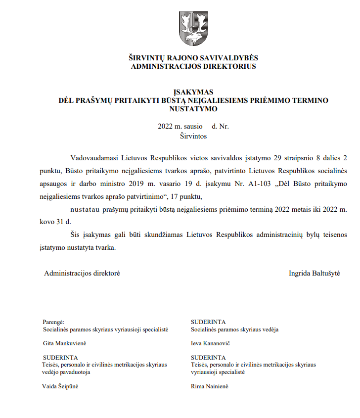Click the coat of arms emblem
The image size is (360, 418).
tap(193, 29)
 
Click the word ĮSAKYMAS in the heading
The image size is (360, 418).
tap(193, 92)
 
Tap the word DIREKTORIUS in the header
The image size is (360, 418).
tap(231, 66)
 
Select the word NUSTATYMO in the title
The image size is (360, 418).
tap(193, 108)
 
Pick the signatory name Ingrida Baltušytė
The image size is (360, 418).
tap(315, 273)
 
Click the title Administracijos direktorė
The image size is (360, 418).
tap(82, 273)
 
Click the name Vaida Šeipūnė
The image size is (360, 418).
tap(61, 386)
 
